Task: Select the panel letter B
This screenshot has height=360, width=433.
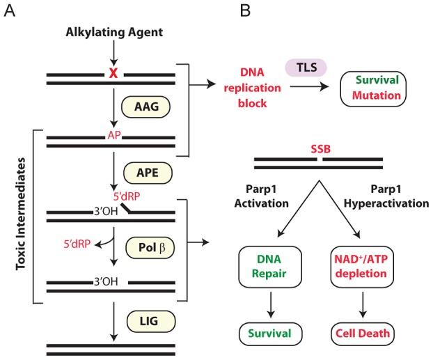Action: tap(245, 11)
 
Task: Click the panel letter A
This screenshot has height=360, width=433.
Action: tap(9, 11)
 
